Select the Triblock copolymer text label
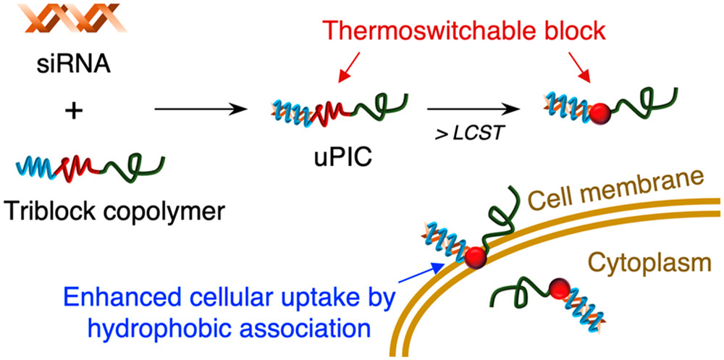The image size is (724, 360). click(113, 212)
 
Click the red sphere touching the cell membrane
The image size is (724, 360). click(476, 257)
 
